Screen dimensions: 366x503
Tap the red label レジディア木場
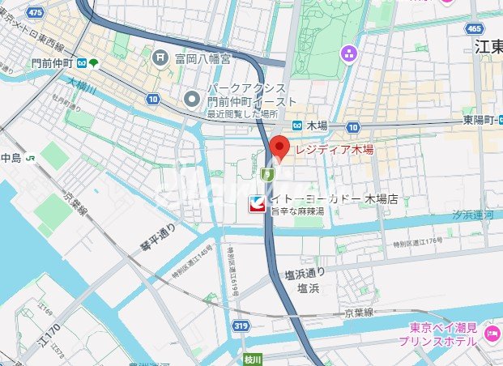(333, 151)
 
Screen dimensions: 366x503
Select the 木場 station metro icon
(297, 126)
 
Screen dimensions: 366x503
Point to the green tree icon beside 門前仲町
(94, 62)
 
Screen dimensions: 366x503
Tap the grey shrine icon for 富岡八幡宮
(160, 57)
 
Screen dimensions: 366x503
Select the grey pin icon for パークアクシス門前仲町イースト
(192, 99)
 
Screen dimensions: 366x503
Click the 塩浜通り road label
(305, 273)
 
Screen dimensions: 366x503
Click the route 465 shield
(475, 28)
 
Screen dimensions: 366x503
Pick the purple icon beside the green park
(349, 54)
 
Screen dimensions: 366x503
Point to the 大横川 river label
(82, 84)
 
